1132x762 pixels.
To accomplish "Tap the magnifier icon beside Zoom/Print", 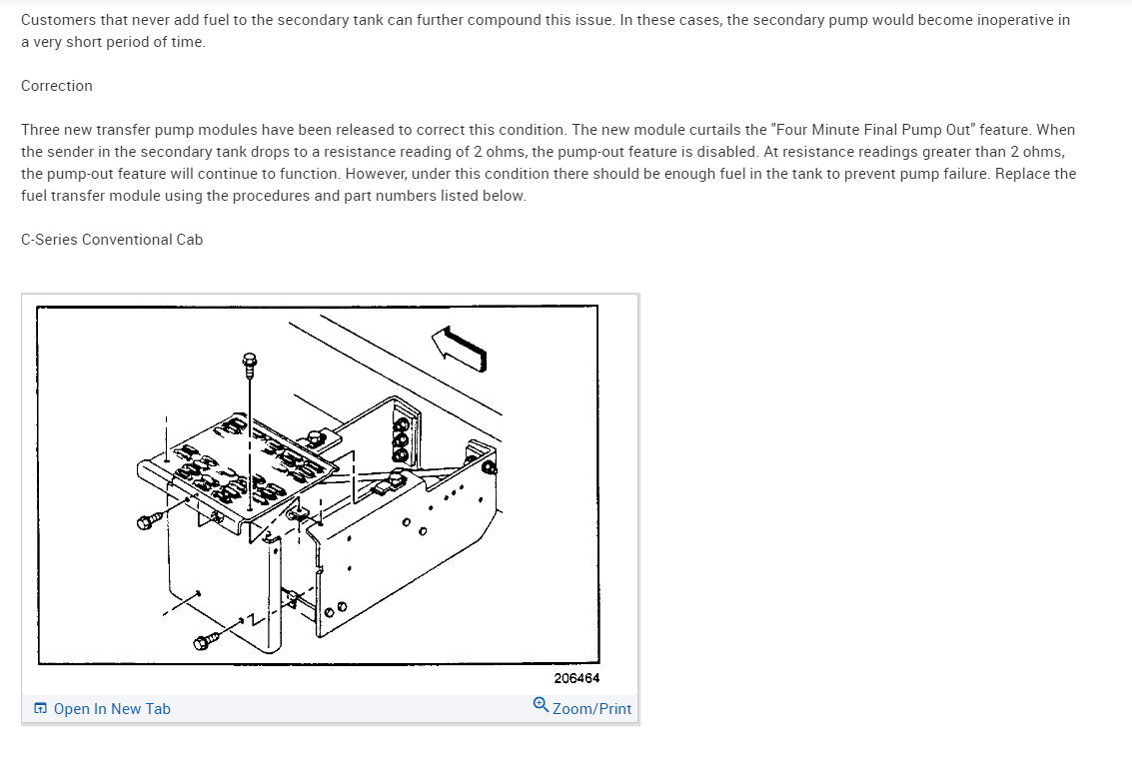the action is pos(541,704).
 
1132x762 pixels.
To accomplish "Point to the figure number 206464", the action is pos(576,678).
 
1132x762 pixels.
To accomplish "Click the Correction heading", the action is pos(56,86).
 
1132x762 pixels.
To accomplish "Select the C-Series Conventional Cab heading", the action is pos(112,240).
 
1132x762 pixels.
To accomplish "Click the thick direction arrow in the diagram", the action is pos(460,349).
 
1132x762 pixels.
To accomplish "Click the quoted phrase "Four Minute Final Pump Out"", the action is pos(873,130).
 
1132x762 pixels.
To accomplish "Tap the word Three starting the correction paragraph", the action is pos(40,130).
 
